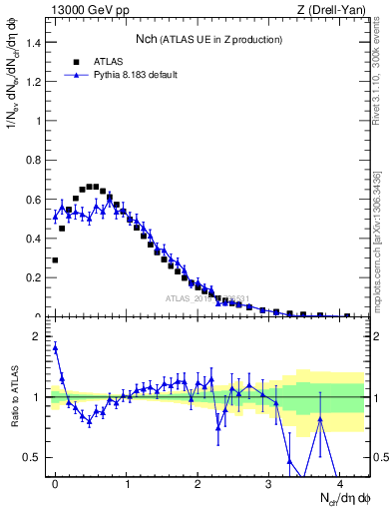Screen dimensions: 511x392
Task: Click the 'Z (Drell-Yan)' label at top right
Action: tap(336, 9)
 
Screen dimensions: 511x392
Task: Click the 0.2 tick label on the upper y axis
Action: tap(34, 277)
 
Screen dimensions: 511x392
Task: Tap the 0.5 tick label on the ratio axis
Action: tap(34, 457)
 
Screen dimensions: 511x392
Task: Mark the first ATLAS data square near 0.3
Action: tap(55, 259)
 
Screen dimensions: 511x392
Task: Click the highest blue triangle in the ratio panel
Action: tap(55, 347)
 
